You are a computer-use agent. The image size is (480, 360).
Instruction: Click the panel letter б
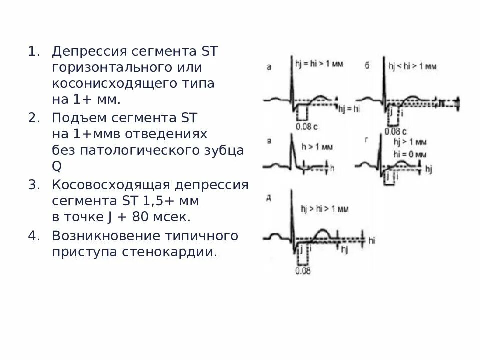(x=367, y=66)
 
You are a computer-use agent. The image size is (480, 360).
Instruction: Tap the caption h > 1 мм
(x=317, y=147)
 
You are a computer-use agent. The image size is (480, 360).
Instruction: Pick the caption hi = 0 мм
(x=410, y=154)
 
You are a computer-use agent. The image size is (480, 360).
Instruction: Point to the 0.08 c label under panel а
(x=306, y=126)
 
